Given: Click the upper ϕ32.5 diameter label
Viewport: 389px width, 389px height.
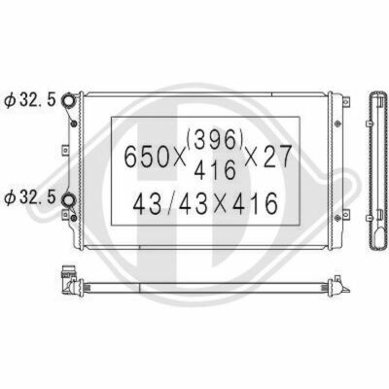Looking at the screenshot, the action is coord(30,100).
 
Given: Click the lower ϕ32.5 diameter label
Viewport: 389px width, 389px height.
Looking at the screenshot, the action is coord(30,197).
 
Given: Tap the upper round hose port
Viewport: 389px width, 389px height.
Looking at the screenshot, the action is coord(68,100).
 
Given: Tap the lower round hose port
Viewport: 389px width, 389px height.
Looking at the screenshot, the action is coord(68,199).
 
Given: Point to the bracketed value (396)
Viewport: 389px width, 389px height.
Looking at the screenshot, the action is coord(215,141).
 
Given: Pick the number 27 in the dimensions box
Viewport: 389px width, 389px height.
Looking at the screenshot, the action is coord(277,157).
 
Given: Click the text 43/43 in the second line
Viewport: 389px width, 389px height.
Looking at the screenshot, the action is coord(171,204).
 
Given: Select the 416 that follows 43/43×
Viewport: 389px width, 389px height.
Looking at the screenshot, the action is coord(256,204).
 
